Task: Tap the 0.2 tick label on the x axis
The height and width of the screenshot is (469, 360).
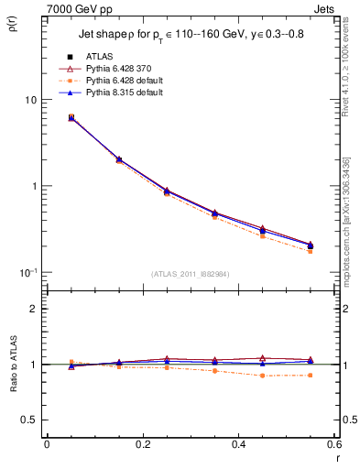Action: [x=142, y=444]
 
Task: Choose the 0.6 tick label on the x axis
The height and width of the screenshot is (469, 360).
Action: [x=333, y=444]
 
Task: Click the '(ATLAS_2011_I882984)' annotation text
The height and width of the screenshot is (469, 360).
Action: [x=190, y=274]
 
